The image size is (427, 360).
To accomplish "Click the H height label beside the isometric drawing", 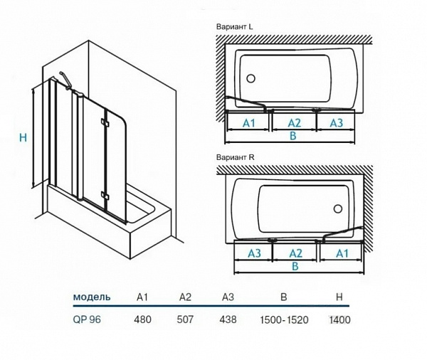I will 22,137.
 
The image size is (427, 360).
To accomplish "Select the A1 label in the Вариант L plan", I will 249,123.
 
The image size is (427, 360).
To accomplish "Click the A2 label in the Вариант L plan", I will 294,123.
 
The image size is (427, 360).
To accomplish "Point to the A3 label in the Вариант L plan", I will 336,123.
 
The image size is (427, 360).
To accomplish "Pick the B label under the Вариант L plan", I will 292,137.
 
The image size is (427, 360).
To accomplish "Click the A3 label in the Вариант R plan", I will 253,253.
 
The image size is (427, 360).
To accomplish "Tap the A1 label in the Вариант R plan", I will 342,253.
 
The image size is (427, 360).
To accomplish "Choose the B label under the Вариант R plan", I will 294,267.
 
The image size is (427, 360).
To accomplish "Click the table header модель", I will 91,296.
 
